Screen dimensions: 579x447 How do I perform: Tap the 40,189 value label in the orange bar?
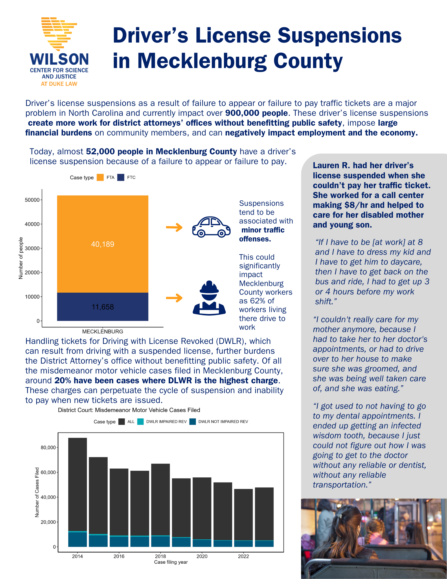[103, 244]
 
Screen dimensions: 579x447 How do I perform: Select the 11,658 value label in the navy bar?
[103, 307]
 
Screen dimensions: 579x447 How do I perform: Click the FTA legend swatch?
[100, 177]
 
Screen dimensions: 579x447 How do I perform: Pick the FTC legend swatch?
[121, 177]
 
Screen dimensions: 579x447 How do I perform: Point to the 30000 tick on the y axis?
[32, 248]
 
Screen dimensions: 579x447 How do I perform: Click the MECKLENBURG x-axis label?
[103, 331]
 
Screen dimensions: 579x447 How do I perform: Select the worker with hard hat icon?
[209, 298]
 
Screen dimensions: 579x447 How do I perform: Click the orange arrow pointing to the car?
[174, 227]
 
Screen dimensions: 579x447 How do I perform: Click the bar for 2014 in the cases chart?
[78, 492]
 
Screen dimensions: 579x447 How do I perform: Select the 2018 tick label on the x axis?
[160, 556]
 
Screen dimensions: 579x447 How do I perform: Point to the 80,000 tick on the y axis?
[48, 448]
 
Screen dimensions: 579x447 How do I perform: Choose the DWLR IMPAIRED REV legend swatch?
[140, 422]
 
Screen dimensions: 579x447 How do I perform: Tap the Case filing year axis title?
[171, 562]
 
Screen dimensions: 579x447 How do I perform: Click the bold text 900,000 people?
[256, 113]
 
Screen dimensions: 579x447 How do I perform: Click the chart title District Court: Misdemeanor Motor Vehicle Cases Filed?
[129, 410]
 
